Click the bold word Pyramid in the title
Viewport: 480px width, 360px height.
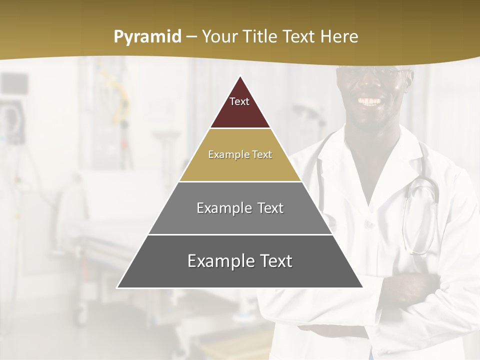(147, 37)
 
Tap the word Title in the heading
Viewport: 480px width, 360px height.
(261, 37)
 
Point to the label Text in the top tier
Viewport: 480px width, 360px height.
(239, 101)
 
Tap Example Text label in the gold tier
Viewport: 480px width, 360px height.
(240, 154)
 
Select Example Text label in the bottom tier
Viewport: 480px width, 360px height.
(240, 261)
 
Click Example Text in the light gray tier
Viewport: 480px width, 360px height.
(240, 208)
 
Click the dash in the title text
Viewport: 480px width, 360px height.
(191, 37)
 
